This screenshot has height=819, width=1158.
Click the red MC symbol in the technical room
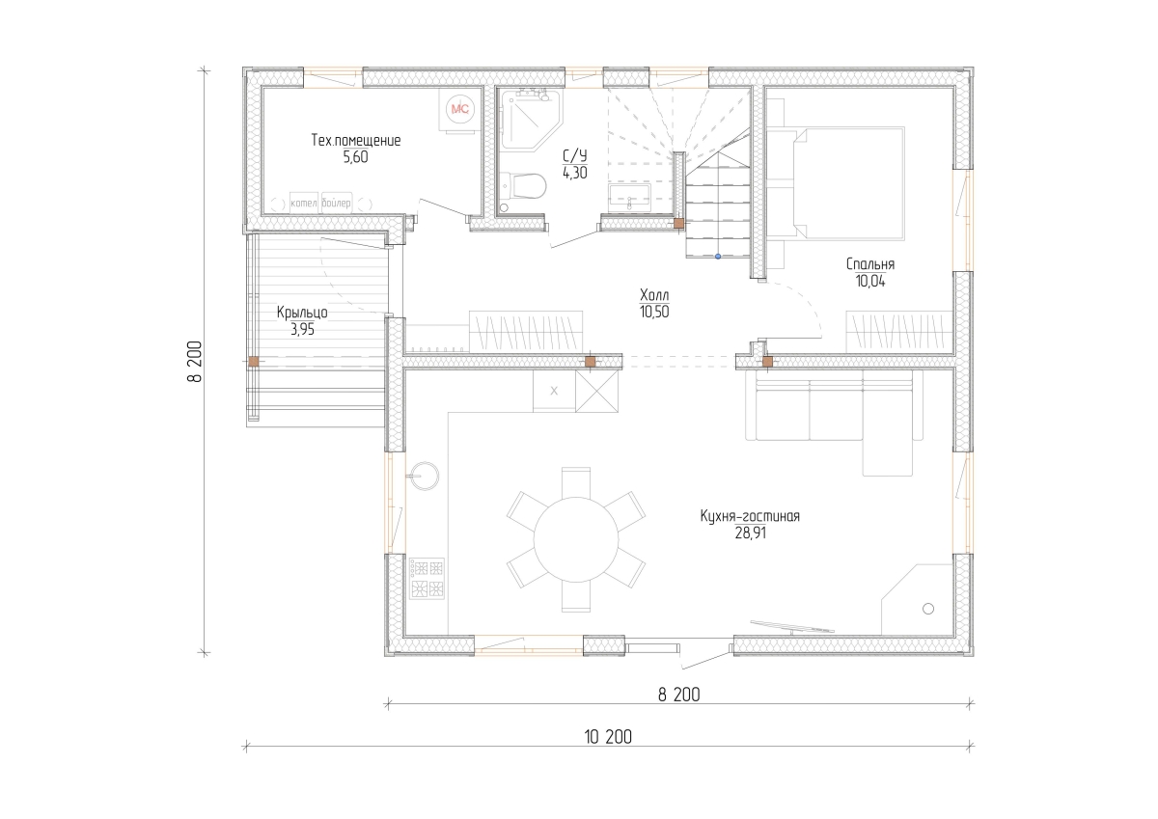(x=459, y=109)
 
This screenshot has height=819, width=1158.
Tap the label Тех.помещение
(x=356, y=140)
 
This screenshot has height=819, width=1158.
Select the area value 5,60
(x=356, y=157)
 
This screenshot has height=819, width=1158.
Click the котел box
(x=303, y=204)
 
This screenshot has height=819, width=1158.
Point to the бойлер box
(x=336, y=204)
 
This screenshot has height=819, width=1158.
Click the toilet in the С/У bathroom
(x=523, y=186)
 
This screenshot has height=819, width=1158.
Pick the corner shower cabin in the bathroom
(x=531, y=119)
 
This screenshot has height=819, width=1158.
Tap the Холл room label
(x=654, y=295)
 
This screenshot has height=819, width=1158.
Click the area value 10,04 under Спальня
(x=870, y=281)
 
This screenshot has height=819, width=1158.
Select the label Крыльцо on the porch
(x=302, y=313)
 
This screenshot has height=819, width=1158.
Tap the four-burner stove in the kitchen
(x=427, y=578)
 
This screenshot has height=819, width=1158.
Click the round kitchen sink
(x=425, y=476)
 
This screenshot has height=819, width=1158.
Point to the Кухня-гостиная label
(x=750, y=516)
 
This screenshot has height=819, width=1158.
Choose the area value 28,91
(x=750, y=532)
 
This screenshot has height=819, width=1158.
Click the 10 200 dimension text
(x=608, y=737)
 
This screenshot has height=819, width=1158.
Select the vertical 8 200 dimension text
(x=195, y=361)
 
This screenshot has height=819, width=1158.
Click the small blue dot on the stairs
(x=718, y=257)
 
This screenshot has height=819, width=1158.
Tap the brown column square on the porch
(x=253, y=362)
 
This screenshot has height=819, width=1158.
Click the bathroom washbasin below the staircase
(x=629, y=199)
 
